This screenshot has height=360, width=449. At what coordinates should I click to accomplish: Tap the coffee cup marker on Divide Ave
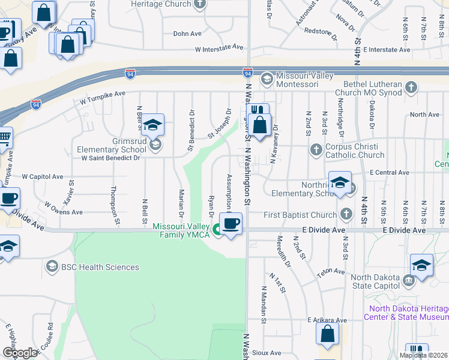click(231, 224)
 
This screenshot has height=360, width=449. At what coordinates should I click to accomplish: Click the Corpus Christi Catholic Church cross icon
click(316, 149)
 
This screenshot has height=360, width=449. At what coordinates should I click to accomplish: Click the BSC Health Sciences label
click(100, 267)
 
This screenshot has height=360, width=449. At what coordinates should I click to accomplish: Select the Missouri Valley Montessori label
click(312, 77)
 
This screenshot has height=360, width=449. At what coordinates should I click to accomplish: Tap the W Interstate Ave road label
click(218, 47)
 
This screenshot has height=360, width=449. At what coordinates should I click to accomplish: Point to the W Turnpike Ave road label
click(99, 94)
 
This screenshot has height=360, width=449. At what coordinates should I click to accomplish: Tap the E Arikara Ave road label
click(327, 320)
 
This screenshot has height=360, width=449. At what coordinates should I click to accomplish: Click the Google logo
click(20, 352)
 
